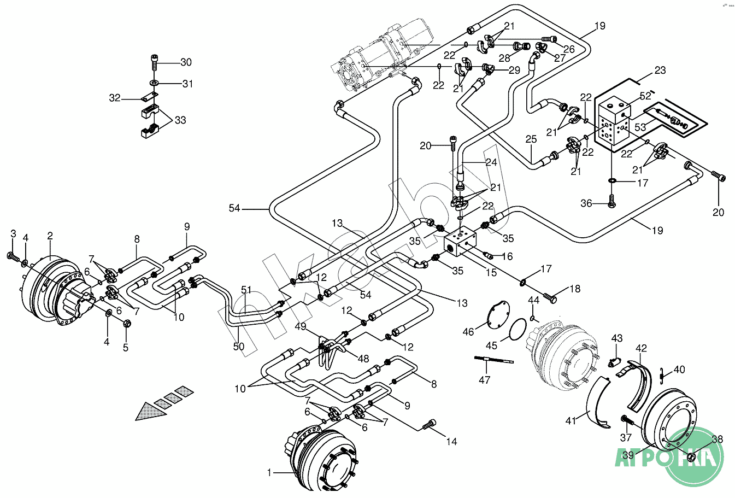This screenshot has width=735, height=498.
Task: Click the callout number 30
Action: tap(186, 62)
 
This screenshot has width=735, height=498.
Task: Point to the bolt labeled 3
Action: tap(11, 255)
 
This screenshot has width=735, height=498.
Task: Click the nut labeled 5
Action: tap(126, 323)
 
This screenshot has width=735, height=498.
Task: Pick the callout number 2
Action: tap(50, 236)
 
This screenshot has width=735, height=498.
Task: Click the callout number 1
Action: tap(269, 472)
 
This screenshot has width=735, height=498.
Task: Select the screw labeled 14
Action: tap(431, 424)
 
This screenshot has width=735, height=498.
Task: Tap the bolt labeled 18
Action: tap(551, 299)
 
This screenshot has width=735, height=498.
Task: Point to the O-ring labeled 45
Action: tap(518, 330)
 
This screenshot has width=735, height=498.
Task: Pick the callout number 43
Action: tap(617, 338)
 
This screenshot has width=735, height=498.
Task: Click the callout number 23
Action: tap(660, 70)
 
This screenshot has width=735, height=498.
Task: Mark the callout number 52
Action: tap(645, 96)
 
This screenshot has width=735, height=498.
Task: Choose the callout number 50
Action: tap(238, 347)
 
